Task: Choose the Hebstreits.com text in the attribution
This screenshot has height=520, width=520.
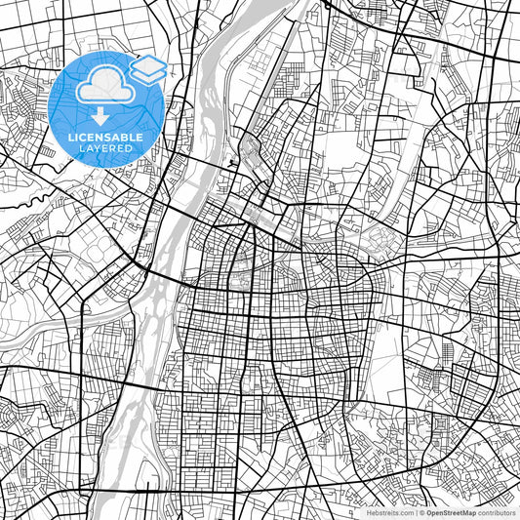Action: pyautogui.click(x=390, y=511)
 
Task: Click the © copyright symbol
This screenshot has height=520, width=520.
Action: pyautogui.click(x=421, y=511)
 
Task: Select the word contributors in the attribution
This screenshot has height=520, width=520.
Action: pyautogui.click(x=496, y=511)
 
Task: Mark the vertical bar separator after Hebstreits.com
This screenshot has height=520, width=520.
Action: pyautogui.click(x=416, y=511)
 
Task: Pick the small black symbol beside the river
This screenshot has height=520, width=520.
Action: pyautogui.click(x=230, y=162)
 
